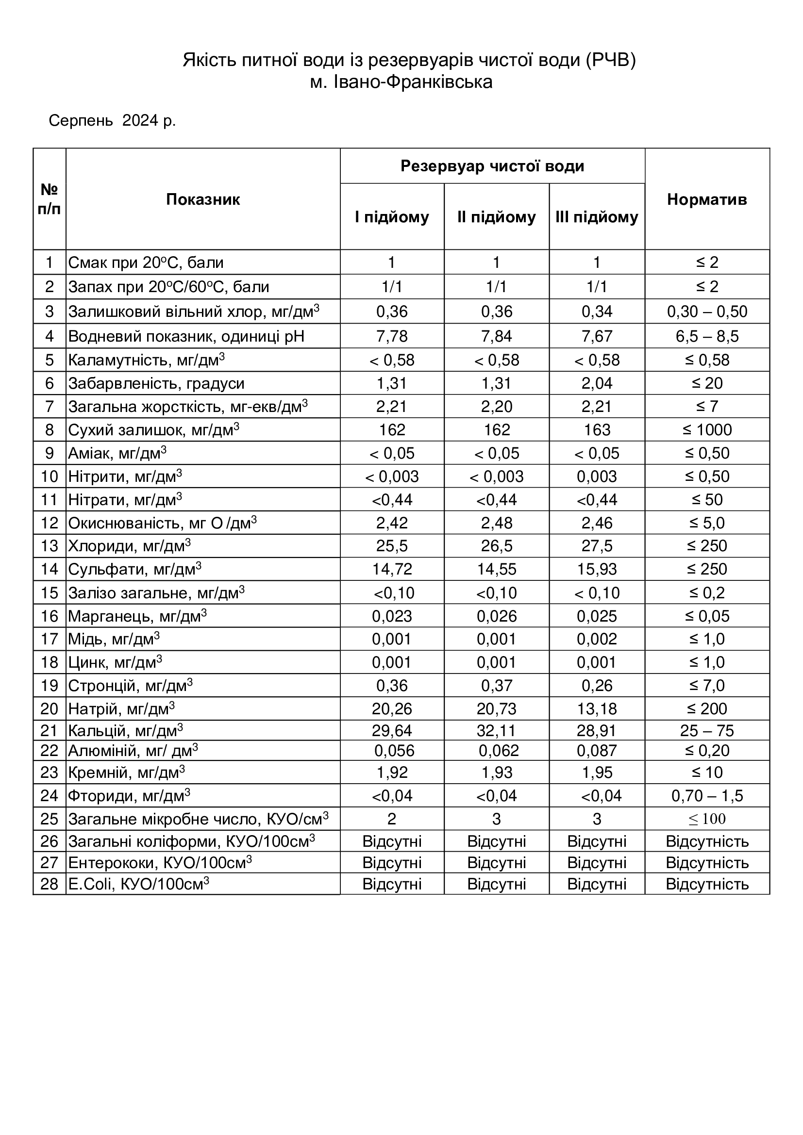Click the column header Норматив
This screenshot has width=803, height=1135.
pos(706,199)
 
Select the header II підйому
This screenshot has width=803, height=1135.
pos(497,217)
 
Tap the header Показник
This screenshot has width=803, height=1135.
pos(203,199)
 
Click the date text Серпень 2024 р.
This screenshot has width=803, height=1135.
pos(112,120)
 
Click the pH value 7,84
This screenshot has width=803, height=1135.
pos(497,336)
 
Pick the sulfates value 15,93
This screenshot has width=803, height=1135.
pos(597,569)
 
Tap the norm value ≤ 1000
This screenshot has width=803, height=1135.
pos(706,429)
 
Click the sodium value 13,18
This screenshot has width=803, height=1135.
pos(597,709)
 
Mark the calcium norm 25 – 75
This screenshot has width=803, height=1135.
pos(706,730)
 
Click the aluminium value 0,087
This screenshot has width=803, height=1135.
pos(597,750)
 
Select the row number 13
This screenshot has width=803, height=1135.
pos(50,546)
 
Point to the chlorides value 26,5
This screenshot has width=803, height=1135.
pos(497,546)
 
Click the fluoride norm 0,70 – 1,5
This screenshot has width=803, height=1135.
pos(706,795)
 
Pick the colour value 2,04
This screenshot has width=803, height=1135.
pos(597,383)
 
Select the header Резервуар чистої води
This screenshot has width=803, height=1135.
pos(492,166)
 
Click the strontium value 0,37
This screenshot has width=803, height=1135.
pos(497,686)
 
